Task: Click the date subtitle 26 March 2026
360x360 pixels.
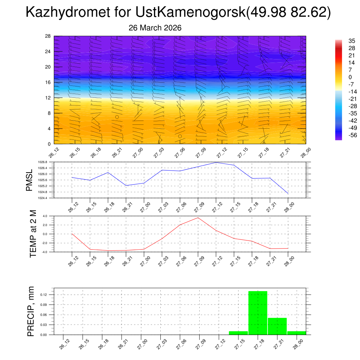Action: point(155,28)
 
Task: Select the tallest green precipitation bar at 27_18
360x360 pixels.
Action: point(258,313)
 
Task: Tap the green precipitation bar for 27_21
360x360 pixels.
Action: point(277,326)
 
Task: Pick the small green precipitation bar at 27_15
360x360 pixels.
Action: point(238,333)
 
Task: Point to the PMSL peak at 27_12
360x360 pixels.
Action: point(216,162)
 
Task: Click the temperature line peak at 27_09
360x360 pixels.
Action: point(198,218)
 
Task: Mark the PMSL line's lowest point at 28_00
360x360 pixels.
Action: point(288,194)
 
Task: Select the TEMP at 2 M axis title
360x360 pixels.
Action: point(33,234)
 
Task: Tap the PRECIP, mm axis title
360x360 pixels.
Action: point(31,312)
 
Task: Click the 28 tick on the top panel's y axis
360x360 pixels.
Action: point(48,36)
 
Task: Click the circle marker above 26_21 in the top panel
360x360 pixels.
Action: point(117,117)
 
